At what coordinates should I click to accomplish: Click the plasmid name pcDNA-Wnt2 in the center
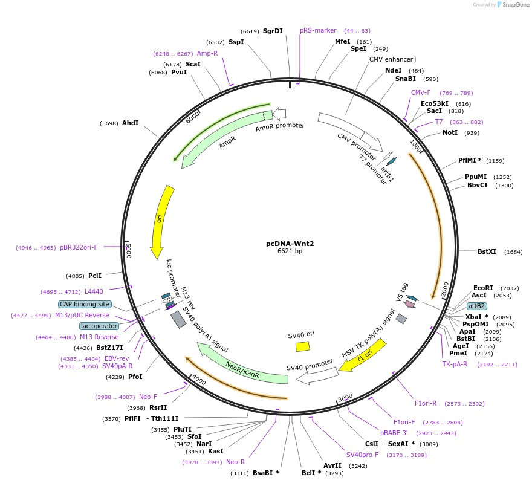[x=290, y=244]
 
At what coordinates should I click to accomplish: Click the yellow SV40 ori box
[x=302, y=346]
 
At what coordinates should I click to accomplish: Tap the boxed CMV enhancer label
[x=391, y=59]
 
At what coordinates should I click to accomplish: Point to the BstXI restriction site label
[x=487, y=251]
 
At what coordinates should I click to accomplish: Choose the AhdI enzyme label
[x=130, y=123]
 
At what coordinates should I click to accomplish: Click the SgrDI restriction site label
[x=273, y=31]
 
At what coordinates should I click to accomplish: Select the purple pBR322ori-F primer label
[x=79, y=247]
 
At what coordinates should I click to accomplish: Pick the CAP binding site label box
[x=85, y=304]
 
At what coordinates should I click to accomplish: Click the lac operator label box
[x=99, y=326]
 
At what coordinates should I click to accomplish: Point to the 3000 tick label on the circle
[x=345, y=397]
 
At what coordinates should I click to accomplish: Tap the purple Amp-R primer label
[x=207, y=53]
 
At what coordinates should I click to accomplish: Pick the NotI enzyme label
[x=450, y=132]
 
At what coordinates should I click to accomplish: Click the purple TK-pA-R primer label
[x=455, y=364]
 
